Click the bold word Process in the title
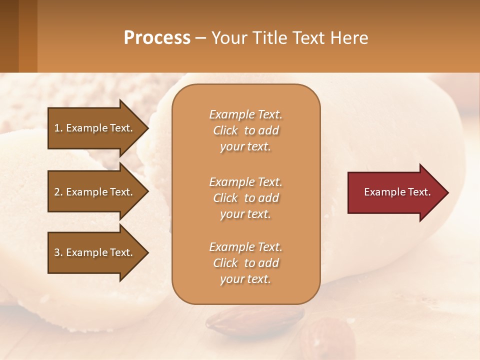[157, 38]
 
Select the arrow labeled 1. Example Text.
[95, 128]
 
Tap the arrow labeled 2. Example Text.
[95, 192]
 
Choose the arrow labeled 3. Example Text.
[95, 252]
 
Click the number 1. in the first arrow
[58, 128]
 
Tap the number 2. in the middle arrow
[58, 192]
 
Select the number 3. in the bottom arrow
[58, 252]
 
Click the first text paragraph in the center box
[245, 130]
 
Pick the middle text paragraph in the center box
[245, 198]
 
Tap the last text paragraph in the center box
[245, 263]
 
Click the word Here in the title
[350, 38]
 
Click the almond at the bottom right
[327, 340]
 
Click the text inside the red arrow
[397, 192]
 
